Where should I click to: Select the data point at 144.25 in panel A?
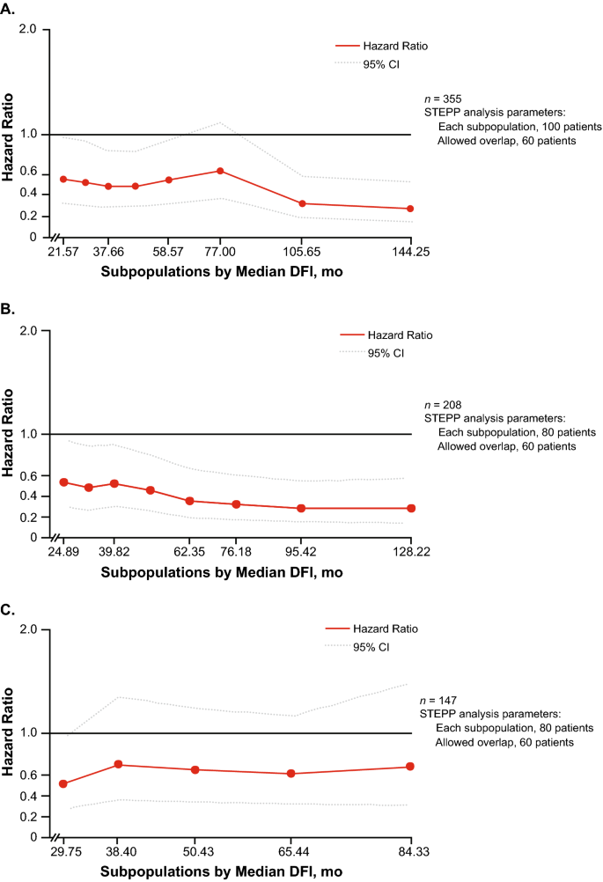pos(409,209)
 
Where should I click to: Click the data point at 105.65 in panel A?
pos(303,203)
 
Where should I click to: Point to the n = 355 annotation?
pos(443,99)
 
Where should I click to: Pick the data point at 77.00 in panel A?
pos(220,171)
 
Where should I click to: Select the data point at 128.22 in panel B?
pos(411,509)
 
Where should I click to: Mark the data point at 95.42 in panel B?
pos(301,509)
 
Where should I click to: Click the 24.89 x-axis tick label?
pos(63,552)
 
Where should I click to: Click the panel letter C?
pos(8,609)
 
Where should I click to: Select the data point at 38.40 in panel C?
pos(118,765)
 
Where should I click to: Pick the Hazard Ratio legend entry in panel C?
pos(379,630)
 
